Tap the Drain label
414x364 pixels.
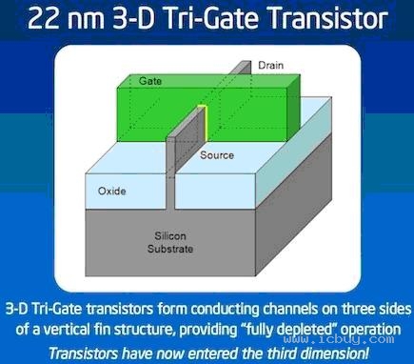(x=272, y=66)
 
